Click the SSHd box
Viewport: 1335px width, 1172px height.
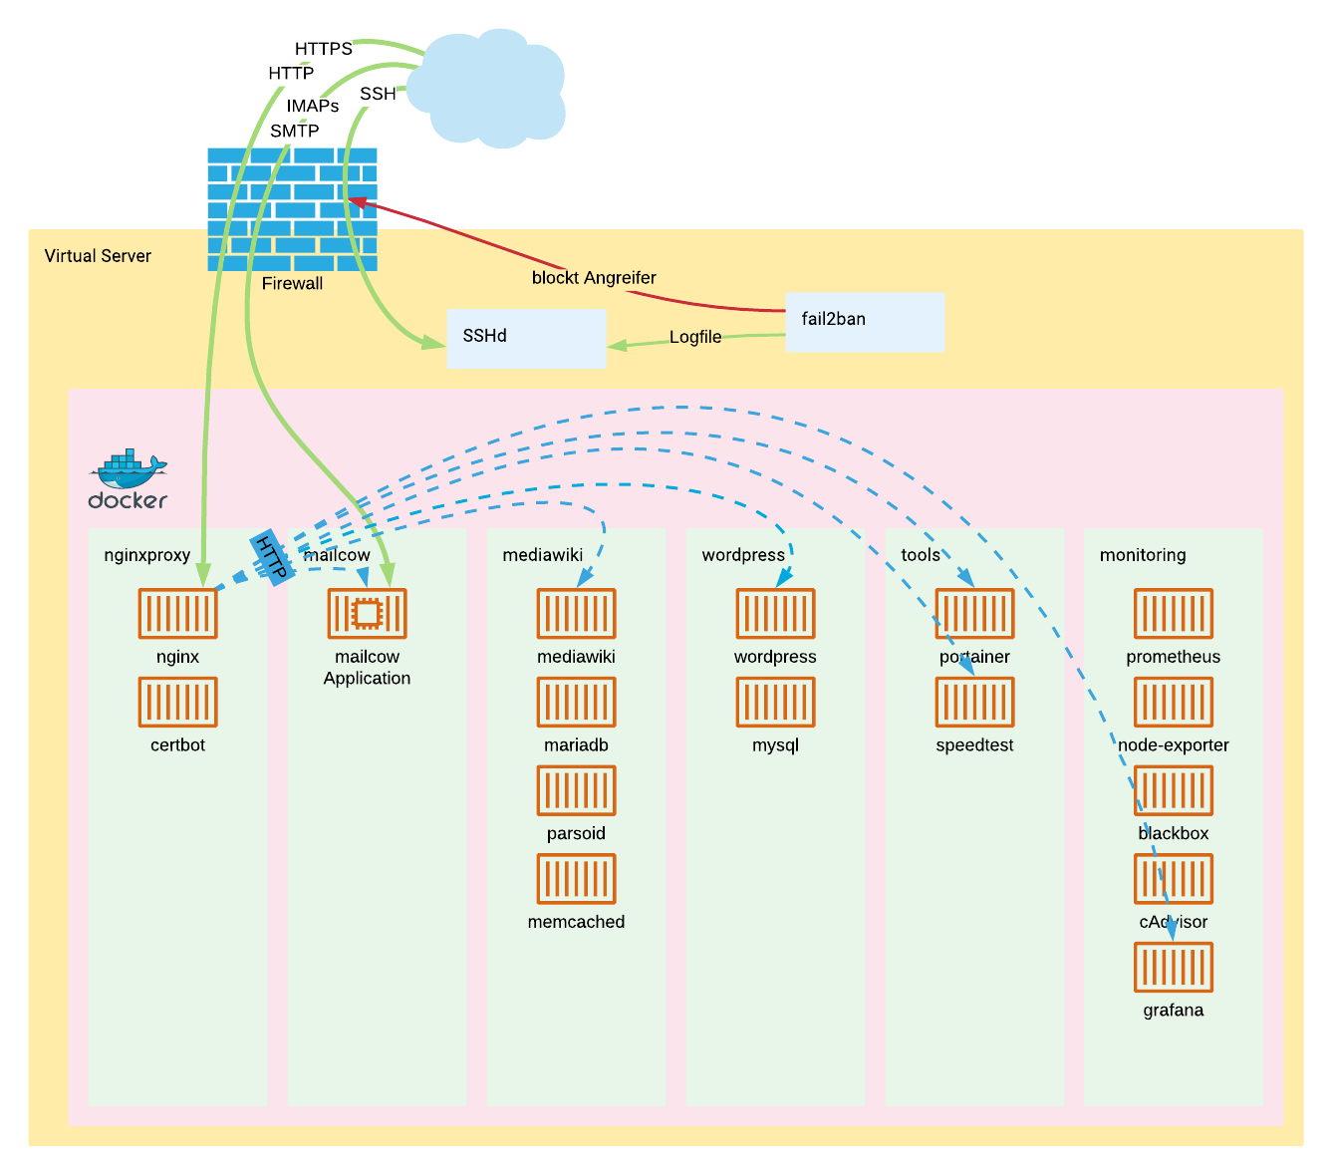coord(526,338)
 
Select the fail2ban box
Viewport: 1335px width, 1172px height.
coord(865,321)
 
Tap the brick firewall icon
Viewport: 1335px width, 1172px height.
coord(292,209)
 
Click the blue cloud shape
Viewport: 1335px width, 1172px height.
coord(488,86)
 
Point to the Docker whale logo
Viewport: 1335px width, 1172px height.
coord(128,479)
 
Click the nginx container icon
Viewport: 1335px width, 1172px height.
coord(177,613)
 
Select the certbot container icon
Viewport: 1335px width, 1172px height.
coord(177,702)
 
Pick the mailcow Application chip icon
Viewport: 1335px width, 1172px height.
coord(367,613)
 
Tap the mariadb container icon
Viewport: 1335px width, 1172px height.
coord(576,702)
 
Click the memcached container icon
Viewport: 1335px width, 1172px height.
coord(576,878)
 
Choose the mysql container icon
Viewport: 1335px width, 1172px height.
coord(775,702)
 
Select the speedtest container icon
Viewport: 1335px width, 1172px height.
coord(974,702)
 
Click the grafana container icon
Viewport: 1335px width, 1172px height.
coord(1174,967)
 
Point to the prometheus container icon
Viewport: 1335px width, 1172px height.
coord(1174,613)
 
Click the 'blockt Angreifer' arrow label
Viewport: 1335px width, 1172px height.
coord(594,278)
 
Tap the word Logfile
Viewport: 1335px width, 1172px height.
coord(695,337)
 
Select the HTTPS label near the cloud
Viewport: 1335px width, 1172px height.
coord(324,49)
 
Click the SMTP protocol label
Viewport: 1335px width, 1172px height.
coord(295,131)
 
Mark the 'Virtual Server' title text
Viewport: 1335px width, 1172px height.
coord(98,256)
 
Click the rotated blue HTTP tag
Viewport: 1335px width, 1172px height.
coord(271,557)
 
